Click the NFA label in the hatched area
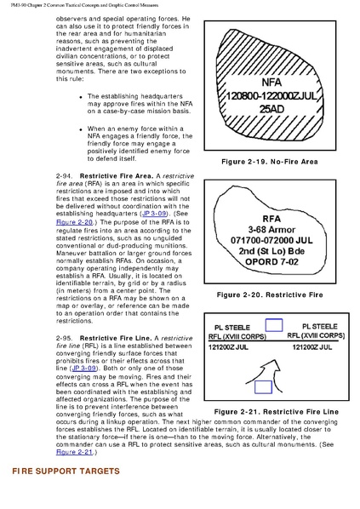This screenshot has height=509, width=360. [271, 82]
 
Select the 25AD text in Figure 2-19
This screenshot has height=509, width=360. [271, 109]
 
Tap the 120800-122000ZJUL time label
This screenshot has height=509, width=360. [271, 96]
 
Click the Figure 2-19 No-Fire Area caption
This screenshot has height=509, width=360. [270, 162]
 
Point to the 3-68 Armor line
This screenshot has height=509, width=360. [271, 230]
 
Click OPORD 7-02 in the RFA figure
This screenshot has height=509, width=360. [271, 261]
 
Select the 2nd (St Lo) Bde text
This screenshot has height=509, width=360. [271, 251]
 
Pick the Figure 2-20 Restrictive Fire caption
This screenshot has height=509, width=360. [270, 295]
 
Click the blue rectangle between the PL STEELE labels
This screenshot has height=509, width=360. [274, 325]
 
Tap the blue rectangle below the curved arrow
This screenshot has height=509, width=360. [263, 387]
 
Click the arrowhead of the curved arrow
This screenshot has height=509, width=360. [274, 365]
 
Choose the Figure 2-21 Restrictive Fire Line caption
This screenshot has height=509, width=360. [277, 412]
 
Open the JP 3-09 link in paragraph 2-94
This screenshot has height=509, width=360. [154, 214]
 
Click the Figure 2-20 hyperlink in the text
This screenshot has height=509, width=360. [74, 222]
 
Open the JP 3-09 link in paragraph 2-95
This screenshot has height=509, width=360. [84, 369]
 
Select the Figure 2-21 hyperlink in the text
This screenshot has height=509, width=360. [74, 452]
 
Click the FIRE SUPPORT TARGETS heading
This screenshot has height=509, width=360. [66, 472]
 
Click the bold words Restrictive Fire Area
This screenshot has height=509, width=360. [117, 176]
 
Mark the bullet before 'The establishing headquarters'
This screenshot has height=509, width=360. [81, 97]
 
